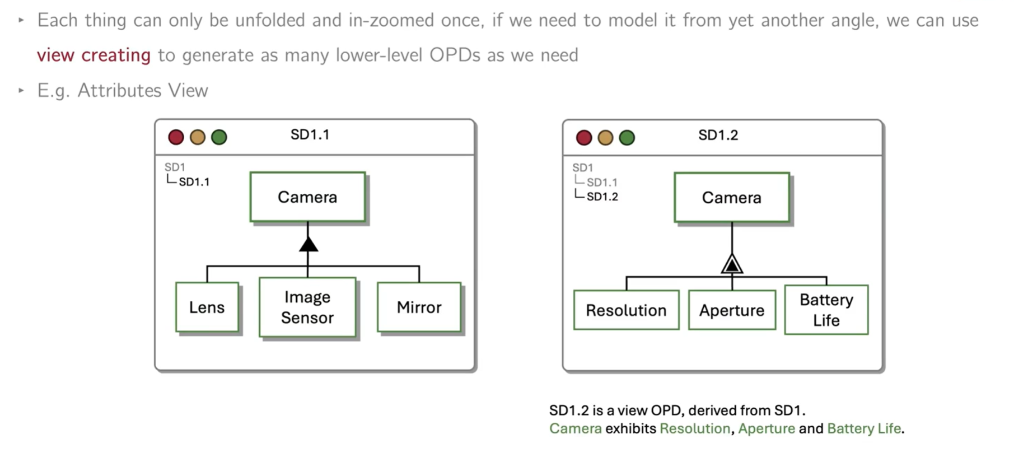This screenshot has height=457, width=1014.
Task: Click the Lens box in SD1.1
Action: [x=207, y=307]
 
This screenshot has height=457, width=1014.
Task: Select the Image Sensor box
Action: [x=307, y=307]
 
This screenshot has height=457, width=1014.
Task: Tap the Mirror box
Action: [x=419, y=307]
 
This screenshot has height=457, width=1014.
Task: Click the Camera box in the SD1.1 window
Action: [x=307, y=197]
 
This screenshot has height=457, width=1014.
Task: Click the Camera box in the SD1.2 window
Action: [x=731, y=198]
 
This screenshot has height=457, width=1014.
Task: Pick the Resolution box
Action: [x=626, y=310]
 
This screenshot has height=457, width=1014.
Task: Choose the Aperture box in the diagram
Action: [x=731, y=310]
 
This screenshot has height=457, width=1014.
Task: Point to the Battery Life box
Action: [x=826, y=310]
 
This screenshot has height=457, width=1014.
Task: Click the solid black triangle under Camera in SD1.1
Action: [x=308, y=245]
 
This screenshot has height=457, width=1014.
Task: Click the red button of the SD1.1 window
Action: [x=176, y=137]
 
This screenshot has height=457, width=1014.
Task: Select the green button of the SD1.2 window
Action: [x=627, y=138]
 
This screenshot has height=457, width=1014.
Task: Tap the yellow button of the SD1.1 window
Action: [x=198, y=137]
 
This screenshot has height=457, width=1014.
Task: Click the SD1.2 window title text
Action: [x=718, y=136]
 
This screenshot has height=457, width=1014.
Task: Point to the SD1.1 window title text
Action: [x=310, y=135]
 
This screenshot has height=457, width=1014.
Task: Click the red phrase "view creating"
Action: [x=94, y=55]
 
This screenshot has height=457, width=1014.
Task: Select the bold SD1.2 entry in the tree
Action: [x=602, y=197]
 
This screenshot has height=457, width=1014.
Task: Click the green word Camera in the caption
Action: [x=575, y=428]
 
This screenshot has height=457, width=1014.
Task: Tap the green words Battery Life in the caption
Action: [x=863, y=428]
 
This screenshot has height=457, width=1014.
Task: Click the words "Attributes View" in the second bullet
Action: [x=142, y=91]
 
